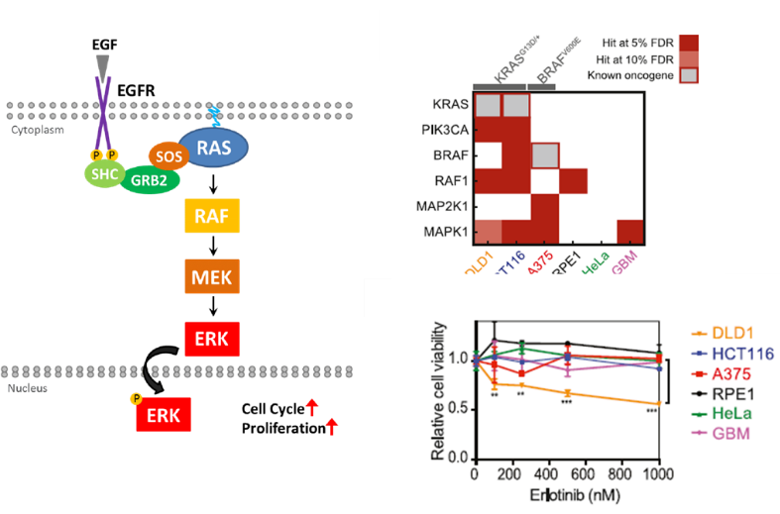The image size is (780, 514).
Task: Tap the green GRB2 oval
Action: click(x=151, y=180)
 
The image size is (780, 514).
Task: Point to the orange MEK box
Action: click(x=213, y=278)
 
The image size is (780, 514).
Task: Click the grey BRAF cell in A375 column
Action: click(x=543, y=155)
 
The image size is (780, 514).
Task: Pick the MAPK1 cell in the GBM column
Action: click(x=629, y=230)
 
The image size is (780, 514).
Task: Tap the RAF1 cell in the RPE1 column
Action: click(x=572, y=180)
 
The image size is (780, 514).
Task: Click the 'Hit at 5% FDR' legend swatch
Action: click(x=689, y=42)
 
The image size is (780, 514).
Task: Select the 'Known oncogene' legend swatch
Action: click(x=689, y=75)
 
